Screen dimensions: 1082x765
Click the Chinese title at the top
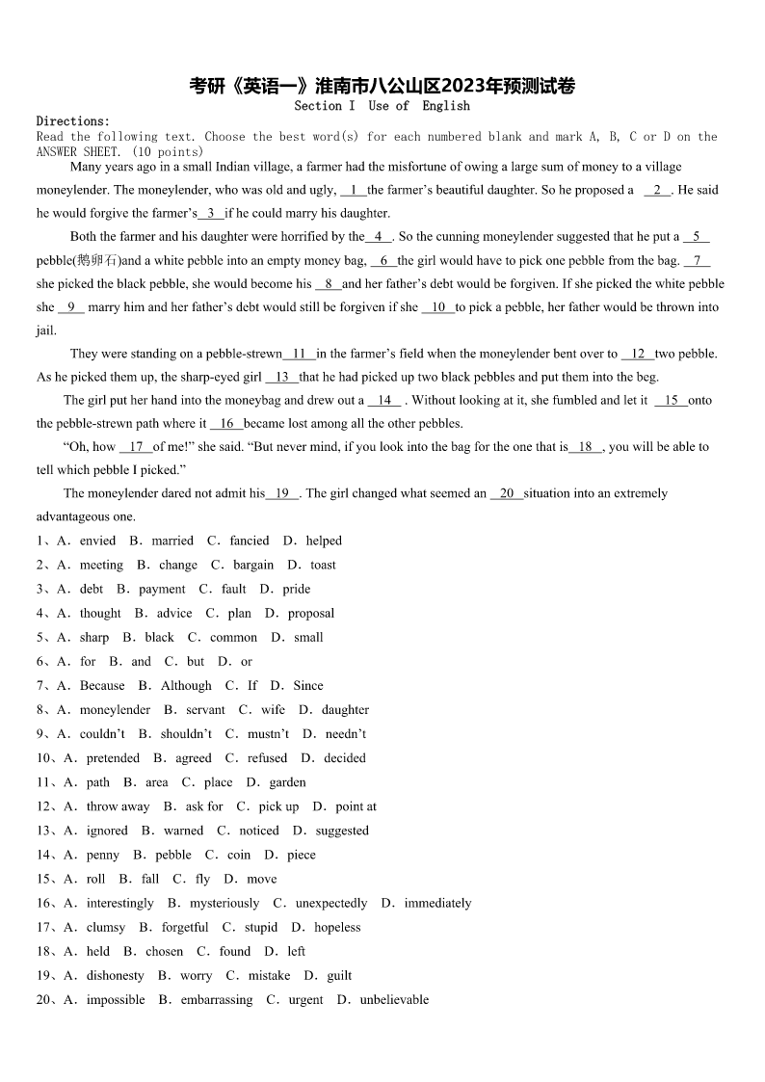[x=382, y=87]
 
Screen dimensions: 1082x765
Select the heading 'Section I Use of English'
[x=382, y=106]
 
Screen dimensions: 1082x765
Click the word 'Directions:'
[x=73, y=121]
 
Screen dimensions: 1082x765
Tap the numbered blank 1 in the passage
[x=354, y=190]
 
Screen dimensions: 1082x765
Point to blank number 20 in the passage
[x=507, y=493]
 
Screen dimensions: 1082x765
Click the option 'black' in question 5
[x=159, y=638]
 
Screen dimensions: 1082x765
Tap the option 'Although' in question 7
[x=186, y=686]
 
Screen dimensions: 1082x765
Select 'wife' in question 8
[x=273, y=710]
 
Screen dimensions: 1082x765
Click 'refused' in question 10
[x=267, y=758]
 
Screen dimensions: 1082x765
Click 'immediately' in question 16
[x=437, y=904]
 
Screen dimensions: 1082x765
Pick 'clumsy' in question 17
[x=106, y=928]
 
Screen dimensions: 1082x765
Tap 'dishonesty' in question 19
[x=116, y=976]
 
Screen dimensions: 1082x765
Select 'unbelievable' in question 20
[x=394, y=1000]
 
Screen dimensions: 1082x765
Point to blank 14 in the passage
[x=383, y=401]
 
